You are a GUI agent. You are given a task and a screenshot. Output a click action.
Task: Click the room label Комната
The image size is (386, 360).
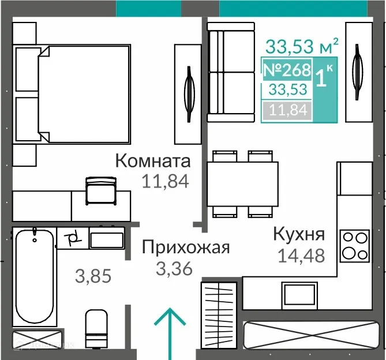153,161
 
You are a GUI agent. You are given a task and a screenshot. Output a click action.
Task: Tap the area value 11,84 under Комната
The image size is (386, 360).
165,182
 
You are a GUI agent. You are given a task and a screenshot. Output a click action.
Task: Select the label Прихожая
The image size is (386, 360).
186,248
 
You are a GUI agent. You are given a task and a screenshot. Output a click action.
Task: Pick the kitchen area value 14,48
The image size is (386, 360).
301,254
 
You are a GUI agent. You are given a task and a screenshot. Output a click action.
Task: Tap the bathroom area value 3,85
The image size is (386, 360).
93,276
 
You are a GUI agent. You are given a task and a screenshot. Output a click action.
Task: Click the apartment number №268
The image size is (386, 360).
287,70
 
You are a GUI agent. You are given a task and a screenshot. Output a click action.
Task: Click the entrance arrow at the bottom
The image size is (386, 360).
171,335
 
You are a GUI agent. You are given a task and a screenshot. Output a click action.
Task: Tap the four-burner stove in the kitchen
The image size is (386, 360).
354,245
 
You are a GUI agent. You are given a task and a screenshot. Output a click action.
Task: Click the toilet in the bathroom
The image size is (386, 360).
96,328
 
